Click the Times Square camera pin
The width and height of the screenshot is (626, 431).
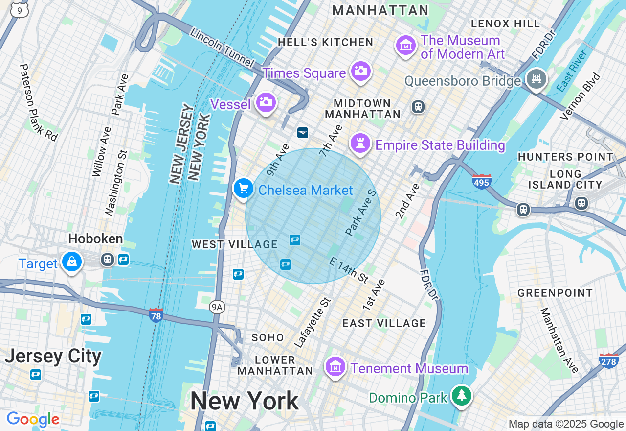pyautogui.click(x=360, y=71)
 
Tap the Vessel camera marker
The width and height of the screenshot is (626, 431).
pyautogui.click(x=266, y=102)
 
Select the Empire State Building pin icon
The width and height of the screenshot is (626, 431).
pyautogui.click(x=360, y=144)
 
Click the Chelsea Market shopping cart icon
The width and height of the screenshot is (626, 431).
pyautogui.click(x=243, y=189)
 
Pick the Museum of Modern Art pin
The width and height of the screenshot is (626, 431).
pyautogui.click(x=405, y=46)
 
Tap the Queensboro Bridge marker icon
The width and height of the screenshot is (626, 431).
pyautogui.click(x=536, y=79)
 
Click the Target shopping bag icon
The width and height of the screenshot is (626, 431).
pyautogui.click(x=72, y=262)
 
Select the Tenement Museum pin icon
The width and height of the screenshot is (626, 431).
pyautogui.click(x=335, y=367)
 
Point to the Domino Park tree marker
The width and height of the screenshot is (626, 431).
pyautogui.click(x=461, y=395)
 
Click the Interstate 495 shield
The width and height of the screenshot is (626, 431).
pyautogui.click(x=482, y=182)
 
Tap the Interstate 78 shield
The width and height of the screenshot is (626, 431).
pyautogui.click(x=156, y=315)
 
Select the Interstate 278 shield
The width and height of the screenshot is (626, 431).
pyautogui.click(x=609, y=361)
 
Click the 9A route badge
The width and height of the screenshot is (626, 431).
pyautogui.click(x=217, y=307)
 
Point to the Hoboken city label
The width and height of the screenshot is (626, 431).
pyautogui.click(x=95, y=239)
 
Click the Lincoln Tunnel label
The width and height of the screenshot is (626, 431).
pyautogui.click(x=222, y=48)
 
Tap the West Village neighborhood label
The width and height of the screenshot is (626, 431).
pyautogui.click(x=234, y=244)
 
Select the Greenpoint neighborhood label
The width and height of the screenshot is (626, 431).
pyautogui.click(x=555, y=293)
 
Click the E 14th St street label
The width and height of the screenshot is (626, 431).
pyautogui.click(x=348, y=270)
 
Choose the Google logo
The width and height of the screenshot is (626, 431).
pyautogui.click(x=33, y=419)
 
